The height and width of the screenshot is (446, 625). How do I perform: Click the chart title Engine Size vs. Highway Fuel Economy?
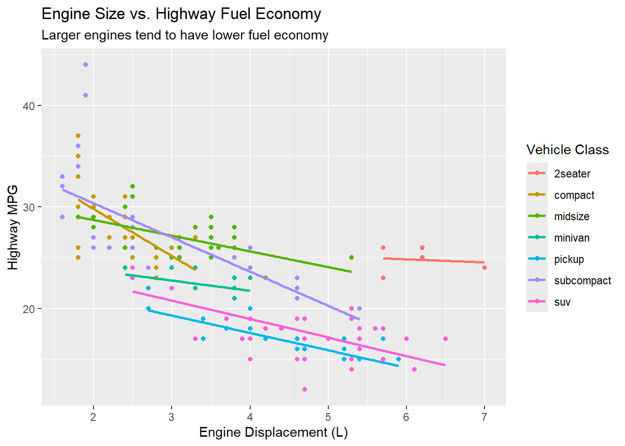181,14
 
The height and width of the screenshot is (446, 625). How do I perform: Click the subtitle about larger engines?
185,35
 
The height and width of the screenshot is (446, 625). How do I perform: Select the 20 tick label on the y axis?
29,309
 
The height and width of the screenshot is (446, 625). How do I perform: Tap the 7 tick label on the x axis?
484,417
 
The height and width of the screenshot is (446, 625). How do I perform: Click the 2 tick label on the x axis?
93,417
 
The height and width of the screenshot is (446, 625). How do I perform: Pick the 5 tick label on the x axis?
328,417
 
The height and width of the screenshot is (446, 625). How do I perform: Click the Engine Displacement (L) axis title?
273,433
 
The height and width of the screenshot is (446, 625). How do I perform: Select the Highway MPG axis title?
13,227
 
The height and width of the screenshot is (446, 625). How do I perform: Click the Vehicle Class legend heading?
567,150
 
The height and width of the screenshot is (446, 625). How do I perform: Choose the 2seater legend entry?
572,174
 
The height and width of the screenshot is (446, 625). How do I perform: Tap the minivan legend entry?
572,238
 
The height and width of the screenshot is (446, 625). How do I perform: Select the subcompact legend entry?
582,281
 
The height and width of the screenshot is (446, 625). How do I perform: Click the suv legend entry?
562,302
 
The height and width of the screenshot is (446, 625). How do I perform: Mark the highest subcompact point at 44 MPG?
86,65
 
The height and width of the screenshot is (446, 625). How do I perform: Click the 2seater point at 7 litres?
485,268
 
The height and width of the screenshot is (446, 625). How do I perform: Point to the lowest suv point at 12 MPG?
305,389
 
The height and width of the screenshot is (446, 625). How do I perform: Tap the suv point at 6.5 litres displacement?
445,339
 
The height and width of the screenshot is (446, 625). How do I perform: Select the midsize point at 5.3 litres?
352,257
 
